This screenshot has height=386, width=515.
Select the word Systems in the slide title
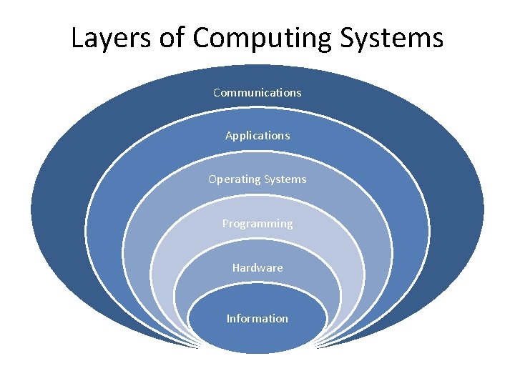(392, 39)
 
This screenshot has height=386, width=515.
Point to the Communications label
(257, 92)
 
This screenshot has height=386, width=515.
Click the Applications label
(257, 136)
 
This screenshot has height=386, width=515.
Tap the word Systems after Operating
(285, 179)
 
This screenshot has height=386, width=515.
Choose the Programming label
(257, 224)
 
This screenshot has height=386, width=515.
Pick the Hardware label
(257, 267)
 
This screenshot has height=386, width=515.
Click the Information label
(257, 318)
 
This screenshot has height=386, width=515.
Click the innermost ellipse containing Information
(257, 336)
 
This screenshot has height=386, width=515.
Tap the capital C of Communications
(217, 92)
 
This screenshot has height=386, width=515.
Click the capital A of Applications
(229, 135)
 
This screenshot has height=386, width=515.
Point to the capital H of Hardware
(236, 267)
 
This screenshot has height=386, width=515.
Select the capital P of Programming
(225, 223)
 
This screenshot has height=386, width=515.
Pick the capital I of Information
(228, 318)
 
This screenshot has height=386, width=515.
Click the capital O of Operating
(212, 179)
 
